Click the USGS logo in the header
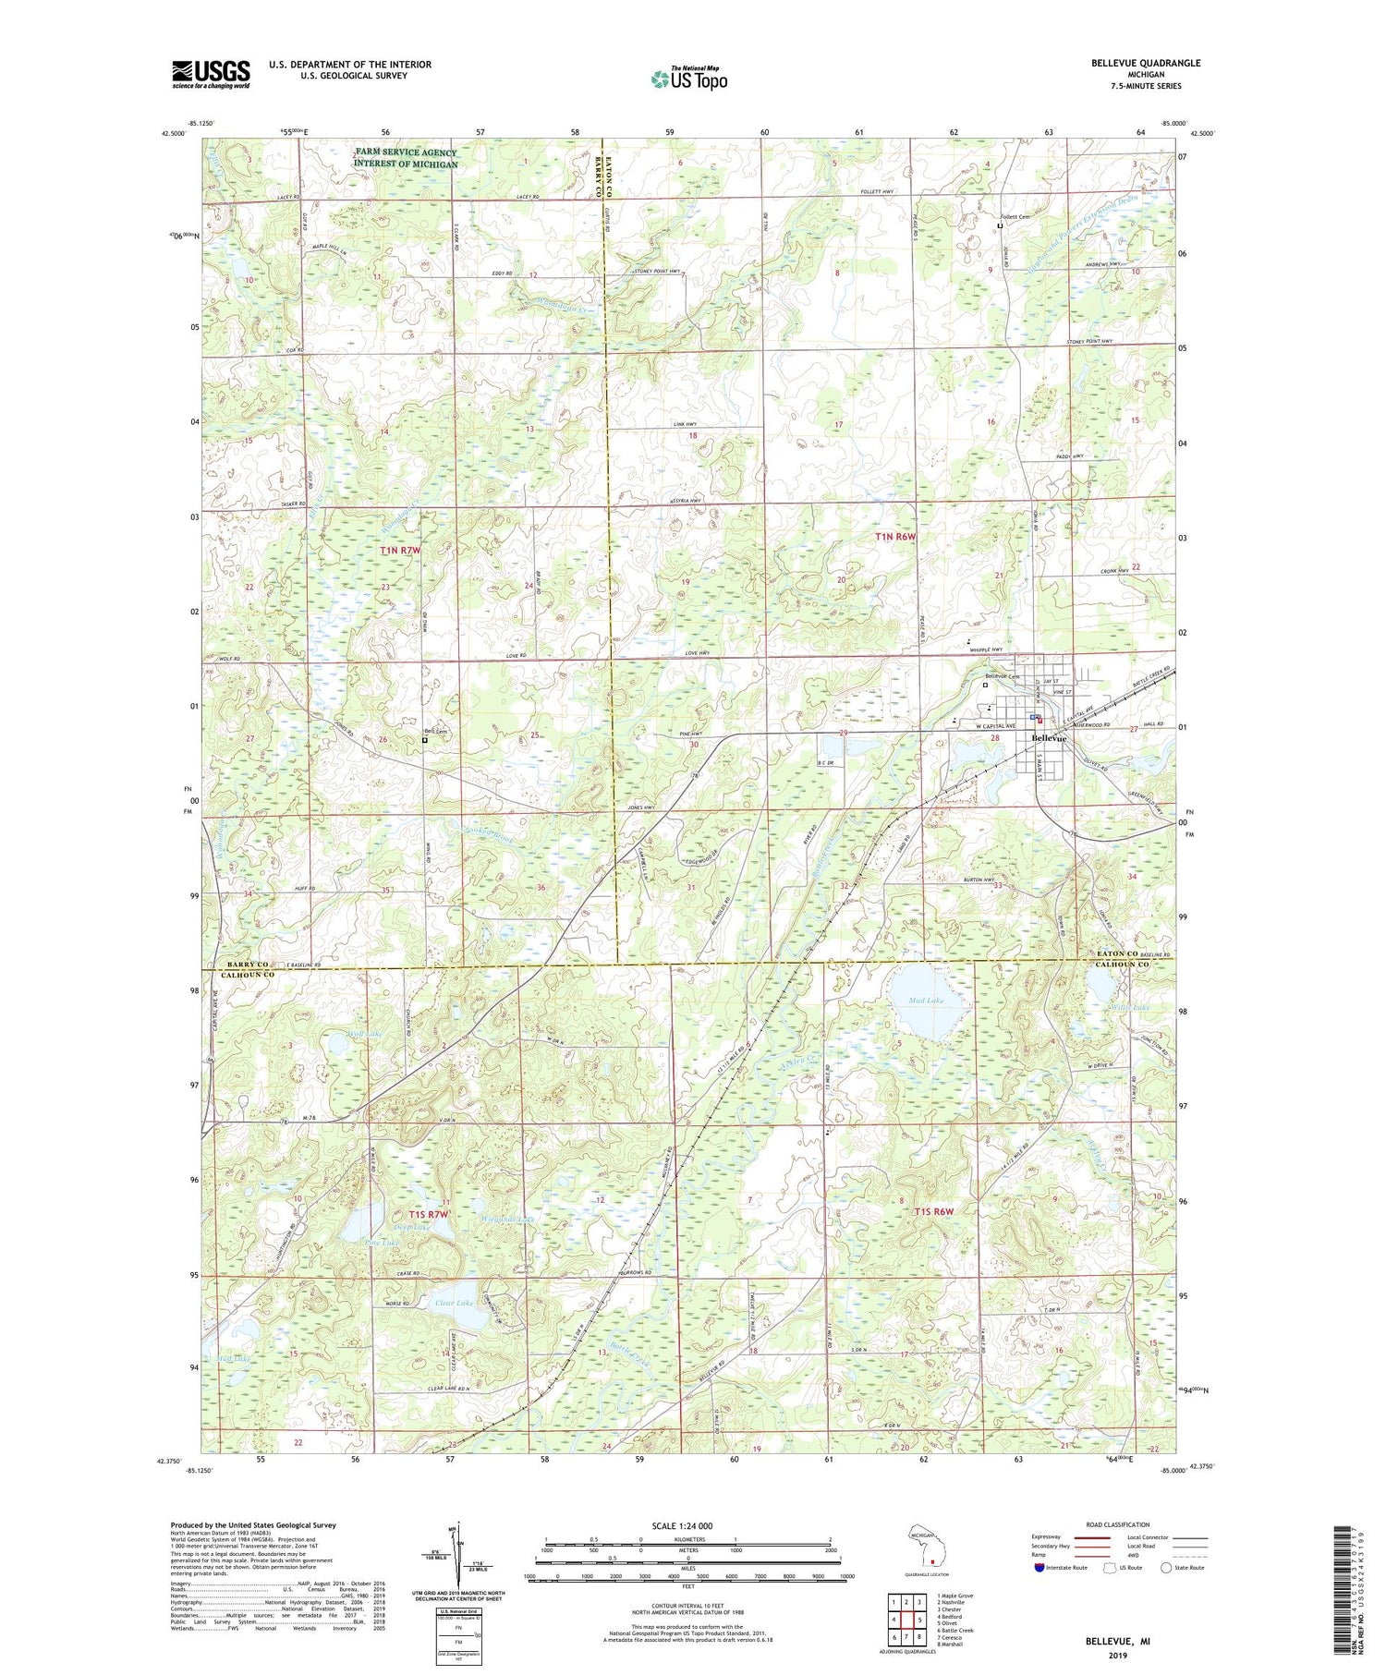pos(211,74)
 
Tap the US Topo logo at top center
pos(688,79)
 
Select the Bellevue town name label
pos(1049,738)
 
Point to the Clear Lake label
pos(453,1303)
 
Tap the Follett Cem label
pos(1018,217)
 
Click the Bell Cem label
pos(435,733)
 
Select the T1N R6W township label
pos(899,536)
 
